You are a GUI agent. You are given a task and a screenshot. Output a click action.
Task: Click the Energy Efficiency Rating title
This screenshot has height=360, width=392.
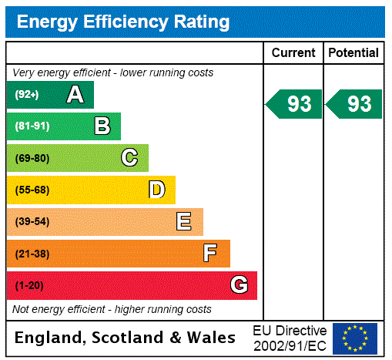coord(123,22)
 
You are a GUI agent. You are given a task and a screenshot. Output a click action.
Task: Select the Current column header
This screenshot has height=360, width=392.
coord(293,53)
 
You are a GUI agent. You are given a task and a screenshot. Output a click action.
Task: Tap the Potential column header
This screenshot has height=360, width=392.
coord(353,53)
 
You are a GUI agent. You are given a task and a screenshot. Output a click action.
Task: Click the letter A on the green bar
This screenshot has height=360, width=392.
coord(75,95)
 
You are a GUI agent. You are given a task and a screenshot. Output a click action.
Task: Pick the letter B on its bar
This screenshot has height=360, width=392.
coord(102,126)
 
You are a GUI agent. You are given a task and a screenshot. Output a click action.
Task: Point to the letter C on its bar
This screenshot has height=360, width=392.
coord(129,158)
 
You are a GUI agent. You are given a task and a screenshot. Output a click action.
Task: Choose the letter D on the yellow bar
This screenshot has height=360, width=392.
coord(156,190)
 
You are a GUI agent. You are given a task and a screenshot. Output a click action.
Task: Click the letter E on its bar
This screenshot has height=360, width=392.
coord(184,222)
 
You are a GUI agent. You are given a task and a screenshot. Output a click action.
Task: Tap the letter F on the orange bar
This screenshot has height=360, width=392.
coord(210,254)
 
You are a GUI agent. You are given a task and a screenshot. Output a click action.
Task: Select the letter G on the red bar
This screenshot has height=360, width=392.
coord(239,285)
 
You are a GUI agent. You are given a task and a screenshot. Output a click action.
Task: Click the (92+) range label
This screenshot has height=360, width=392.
coord(27,95)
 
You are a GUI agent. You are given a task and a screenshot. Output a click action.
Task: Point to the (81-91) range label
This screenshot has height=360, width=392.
coord(32,126)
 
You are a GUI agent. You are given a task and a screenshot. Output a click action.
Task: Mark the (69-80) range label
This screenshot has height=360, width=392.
coord(32,158)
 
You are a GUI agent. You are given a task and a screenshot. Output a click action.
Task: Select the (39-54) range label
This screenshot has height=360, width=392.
coord(32,222)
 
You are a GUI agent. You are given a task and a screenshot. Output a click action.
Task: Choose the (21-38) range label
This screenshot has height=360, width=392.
coord(32,254)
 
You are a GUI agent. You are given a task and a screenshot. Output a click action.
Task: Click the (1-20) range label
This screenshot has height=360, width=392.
coord(29,286)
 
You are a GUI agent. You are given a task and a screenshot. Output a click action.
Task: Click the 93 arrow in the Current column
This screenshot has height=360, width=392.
coord(295,104)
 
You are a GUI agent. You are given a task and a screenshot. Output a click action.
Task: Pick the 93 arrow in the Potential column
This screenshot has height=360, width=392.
coord(355,104)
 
